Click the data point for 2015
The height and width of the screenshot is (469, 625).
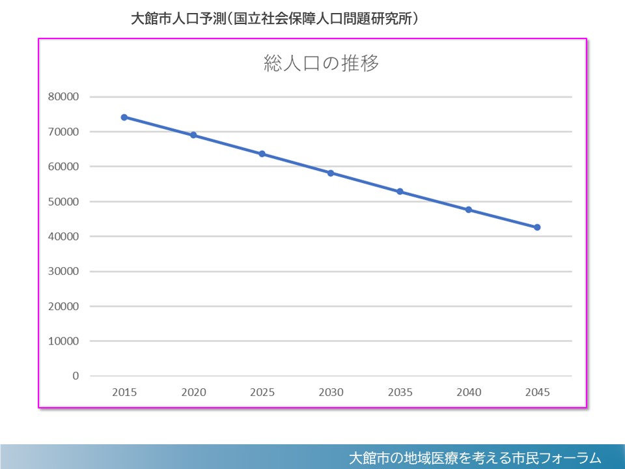point(124,117)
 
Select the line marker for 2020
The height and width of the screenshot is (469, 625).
point(193,135)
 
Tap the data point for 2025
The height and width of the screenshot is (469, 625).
point(262,154)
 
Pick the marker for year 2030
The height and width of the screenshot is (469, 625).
point(331,173)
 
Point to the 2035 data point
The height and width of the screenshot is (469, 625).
point(400,192)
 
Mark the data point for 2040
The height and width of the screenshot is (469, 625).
point(469,210)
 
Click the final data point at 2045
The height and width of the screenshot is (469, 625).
point(537,227)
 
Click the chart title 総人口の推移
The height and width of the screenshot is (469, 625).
point(321,64)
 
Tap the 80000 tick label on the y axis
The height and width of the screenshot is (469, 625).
point(64,97)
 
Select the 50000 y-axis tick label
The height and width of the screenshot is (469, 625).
point(64,202)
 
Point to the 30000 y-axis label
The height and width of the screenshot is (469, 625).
point(64,272)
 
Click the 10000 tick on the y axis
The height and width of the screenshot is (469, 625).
point(64,341)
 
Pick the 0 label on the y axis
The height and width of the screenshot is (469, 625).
point(76,377)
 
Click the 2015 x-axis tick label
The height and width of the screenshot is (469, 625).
point(124,392)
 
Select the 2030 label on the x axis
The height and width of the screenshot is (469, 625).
point(331,392)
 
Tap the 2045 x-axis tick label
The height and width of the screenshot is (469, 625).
point(537,392)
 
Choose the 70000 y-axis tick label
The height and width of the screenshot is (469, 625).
point(64,132)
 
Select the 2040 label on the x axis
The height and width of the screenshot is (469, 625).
point(469,392)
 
